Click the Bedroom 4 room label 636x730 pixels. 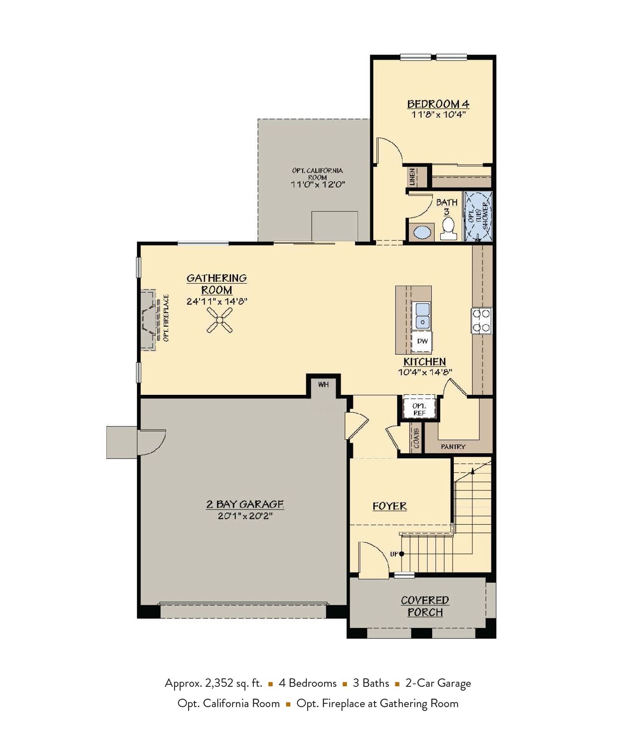(438, 104)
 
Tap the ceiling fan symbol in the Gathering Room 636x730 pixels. (219, 320)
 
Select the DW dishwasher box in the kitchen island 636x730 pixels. (422, 341)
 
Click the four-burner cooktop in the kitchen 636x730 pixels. (481, 320)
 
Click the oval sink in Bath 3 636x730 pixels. (422, 232)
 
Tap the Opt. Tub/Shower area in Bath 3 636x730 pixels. (479, 216)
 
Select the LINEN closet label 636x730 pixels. (412, 176)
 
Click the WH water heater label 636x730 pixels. (323, 384)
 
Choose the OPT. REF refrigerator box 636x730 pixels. (419, 409)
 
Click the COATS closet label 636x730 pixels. (416, 438)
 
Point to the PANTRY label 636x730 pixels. (453, 446)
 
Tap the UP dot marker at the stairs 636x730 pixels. (401, 554)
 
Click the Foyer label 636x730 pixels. (389, 506)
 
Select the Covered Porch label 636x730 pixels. (425, 606)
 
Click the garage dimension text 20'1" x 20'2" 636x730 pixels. (245, 516)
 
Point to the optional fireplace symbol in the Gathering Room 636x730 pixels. (149, 320)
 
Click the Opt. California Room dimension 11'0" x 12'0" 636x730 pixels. (317, 185)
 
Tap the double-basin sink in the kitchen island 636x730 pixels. (422, 316)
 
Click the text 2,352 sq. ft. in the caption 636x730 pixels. (233, 683)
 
